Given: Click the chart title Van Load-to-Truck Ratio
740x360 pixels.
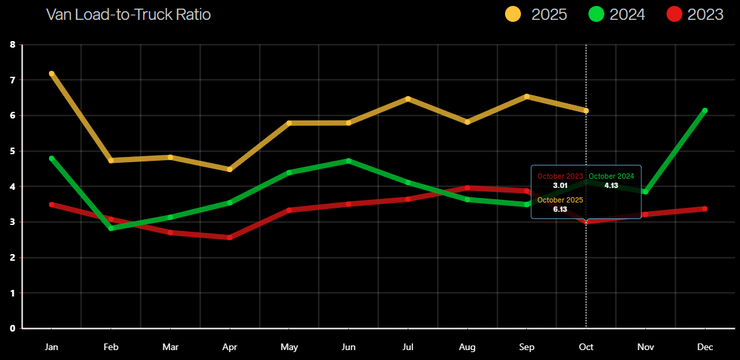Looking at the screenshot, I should (x=128, y=14).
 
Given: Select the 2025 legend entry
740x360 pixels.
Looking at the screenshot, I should (x=536, y=14).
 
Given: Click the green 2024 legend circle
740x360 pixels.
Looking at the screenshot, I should (x=597, y=14).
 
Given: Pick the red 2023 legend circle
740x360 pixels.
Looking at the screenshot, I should (x=675, y=14).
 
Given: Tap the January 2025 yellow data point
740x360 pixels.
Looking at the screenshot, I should (x=52, y=73).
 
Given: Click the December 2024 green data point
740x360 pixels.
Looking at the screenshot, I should (x=705, y=111).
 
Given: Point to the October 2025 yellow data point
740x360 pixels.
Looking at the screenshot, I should (x=586, y=111).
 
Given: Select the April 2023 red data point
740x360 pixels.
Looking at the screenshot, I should (x=230, y=237).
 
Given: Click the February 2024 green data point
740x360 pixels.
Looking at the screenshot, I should (x=111, y=228).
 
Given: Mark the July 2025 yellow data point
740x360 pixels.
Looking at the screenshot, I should (x=408, y=99).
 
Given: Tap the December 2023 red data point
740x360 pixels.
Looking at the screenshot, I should (x=705, y=208).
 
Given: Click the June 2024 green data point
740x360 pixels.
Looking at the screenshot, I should (x=348, y=161).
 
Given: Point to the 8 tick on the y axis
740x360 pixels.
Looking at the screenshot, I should (x=13, y=45).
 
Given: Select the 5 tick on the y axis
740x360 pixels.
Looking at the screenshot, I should (x=13, y=151).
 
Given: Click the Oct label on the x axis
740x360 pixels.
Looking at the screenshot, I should (x=586, y=346).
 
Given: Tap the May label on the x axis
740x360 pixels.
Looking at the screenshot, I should (x=289, y=346).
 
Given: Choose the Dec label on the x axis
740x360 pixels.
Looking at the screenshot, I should (x=705, y=346).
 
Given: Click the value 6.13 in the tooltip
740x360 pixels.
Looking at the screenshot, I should (x=560, y=209).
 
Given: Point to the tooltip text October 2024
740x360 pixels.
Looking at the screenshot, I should (x=611, y=176).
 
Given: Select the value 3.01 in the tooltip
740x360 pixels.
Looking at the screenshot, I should (x=560, y=185).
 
